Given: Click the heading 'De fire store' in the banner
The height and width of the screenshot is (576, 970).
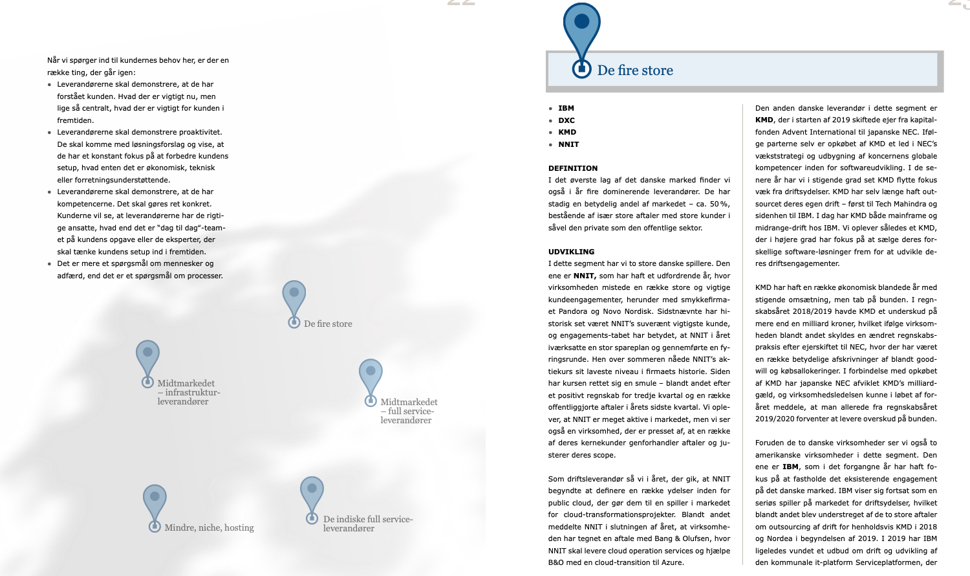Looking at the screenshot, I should click(635, 71).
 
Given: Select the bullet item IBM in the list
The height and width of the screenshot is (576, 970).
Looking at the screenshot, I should click(566, 109).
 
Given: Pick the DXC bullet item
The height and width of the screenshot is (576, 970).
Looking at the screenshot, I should click(566, 120).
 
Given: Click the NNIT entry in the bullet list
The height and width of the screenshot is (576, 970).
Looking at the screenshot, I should click(568, 144).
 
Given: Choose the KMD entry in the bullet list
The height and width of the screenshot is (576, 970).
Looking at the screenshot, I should click(567, 132).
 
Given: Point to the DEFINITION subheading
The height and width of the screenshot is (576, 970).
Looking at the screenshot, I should click(573, 168).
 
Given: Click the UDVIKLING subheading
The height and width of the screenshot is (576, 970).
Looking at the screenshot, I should click(571, 252).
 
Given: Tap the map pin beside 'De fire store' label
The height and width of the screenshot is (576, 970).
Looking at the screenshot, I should click(294, 301).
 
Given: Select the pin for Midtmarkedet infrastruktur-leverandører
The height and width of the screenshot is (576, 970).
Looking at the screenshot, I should click(147, 361).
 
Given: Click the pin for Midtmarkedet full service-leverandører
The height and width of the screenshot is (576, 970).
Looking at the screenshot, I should click(371, 380).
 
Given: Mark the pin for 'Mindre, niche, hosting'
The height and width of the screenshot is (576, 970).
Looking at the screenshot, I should click(155, 505).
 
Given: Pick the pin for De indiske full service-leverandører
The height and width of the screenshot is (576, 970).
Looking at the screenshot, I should click(312, 497).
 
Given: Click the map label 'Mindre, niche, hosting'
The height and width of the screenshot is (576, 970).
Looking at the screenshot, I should click(209, 528).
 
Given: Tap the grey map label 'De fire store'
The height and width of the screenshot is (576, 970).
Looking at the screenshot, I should click(328, 324).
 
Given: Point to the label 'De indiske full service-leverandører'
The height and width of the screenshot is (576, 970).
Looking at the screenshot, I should click(367, 524).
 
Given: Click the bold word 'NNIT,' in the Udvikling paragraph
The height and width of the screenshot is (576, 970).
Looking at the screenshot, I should click(585, 276).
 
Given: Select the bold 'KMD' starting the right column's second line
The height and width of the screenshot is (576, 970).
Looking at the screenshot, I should click(764, 120).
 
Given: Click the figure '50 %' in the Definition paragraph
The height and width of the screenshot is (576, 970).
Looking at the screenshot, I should click(719, 204).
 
